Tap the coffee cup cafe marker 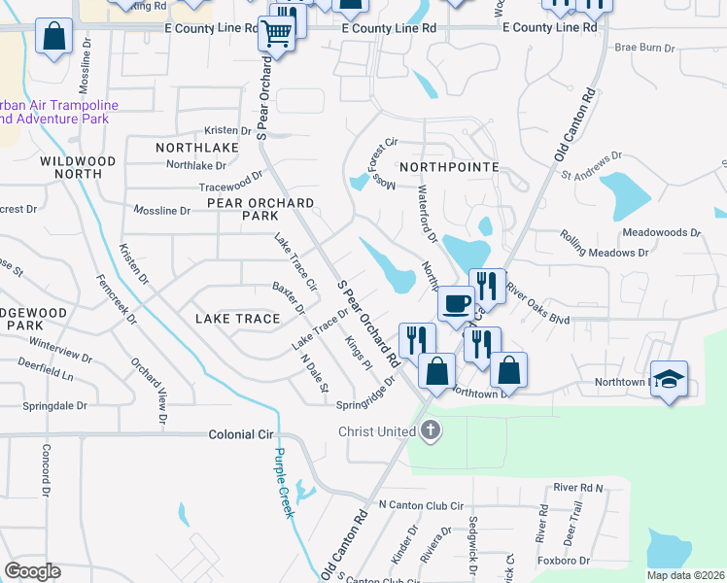pyautogui.click(x=456, y=304)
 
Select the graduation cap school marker pyautogui.click(x=668, y=378)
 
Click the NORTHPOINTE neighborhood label pyautogui.click(x=449, y=167)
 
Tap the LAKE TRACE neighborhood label pyautogui.click(x=237, y=318)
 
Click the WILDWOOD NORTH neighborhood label pyautogui.click(x=77, y=167)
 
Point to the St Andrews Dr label pyautogui.click(x=592, y=165)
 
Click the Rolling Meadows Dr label pyautogui.click(x=605, y=244)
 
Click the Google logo pyautogui.click(x=32, y=571)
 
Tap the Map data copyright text pyautogui.click(x=685, y=575)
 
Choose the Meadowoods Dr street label pyautogui.click(x=661, y=233)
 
